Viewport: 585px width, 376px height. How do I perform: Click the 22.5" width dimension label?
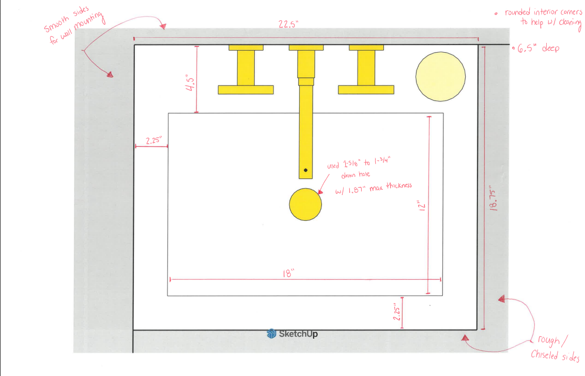pos(288,24)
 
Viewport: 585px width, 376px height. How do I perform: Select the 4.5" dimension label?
pos(190,84)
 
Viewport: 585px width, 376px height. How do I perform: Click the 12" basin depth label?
pos(422,206)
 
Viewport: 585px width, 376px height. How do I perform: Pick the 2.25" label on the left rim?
pos(153,140)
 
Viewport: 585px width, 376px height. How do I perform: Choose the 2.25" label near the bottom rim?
pos(396,314)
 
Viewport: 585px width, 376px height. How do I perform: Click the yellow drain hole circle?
pos(305,204)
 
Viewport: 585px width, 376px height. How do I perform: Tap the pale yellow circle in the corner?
pos(441,77)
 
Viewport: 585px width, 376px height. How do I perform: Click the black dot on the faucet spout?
pos(305,170)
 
